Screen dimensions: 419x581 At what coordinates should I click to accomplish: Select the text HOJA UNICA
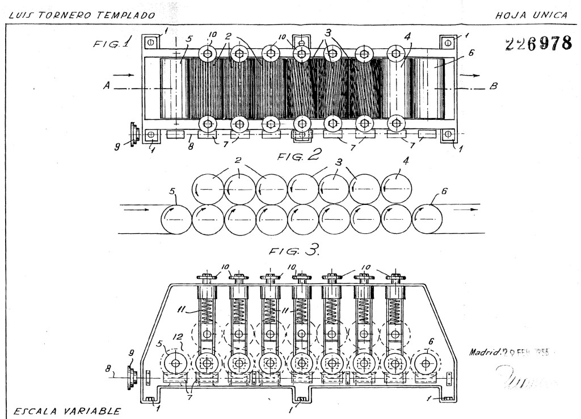click(531, 14)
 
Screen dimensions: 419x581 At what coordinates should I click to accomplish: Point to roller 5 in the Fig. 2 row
click(177, 219)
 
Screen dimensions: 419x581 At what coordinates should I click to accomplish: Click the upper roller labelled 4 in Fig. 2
click(396, 188)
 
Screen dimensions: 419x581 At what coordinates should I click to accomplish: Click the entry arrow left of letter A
click(128, 75)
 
